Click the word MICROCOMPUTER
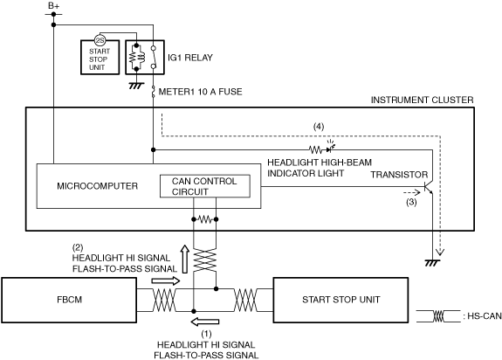[x=97, y=186]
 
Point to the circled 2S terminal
[x=100, y=40]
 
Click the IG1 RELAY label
[x=190, y=58]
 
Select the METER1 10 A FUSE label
[x=201, y=92]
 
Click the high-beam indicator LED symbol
[x=330, y=148]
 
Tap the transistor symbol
[x=429, y=187]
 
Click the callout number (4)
[x=319, y=127]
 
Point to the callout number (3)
[x=411, y=202]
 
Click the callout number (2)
[x=78, y=247]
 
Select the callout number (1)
[x=207, y=334]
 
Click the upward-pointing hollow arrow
[x=184, y=260]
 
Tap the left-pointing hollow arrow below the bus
[x=205, y=322]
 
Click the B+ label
[x=54, y=5]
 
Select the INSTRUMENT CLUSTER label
[x=422, y=100]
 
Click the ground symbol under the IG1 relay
[x=136, y=86]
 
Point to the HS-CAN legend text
[x=482, y=316]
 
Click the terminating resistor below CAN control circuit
[x=205, y=219]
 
